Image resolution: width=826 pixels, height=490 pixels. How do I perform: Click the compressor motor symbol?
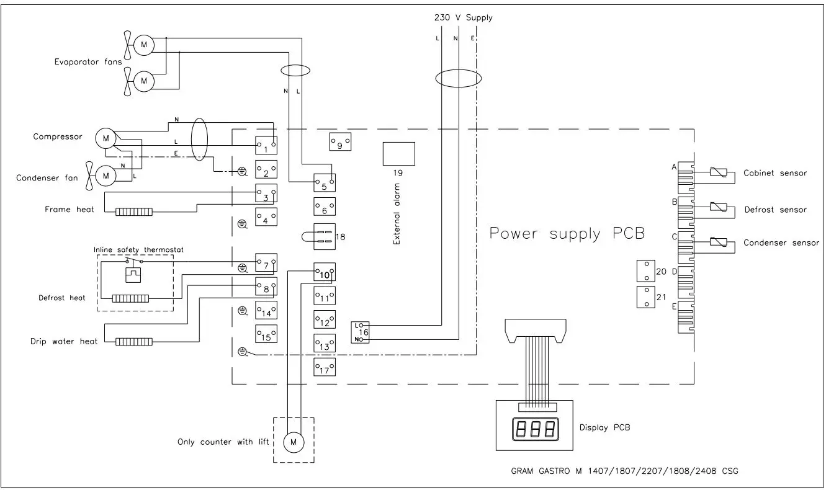[x=105, y=138]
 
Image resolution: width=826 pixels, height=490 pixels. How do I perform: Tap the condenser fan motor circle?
[x=105, y=177]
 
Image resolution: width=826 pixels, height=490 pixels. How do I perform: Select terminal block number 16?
[x=361, y=332]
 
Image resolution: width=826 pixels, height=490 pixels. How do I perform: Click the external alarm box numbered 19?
[x=398, y=153]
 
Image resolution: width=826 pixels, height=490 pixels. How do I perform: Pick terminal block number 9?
[x=339, y=142]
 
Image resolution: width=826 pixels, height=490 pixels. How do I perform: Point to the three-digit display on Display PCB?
[x=533, y=429]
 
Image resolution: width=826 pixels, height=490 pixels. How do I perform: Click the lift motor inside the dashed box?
[x=294, y=442]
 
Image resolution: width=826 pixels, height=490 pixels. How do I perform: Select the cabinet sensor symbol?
[x=718, y=173]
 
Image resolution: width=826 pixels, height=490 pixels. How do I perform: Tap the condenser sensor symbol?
[x=718, y=243]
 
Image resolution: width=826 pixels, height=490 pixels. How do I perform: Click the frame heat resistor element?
[x=133, y=212]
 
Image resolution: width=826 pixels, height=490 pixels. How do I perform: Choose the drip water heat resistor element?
[x=133, y=342]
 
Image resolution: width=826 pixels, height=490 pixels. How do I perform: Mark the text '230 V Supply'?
[x=463, y=17]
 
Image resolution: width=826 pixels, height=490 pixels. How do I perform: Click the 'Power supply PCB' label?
[x=567, y=234]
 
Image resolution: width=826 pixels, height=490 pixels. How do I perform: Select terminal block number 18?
[x=325, y=236]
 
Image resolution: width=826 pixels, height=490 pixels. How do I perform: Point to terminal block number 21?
[x=646, y=297]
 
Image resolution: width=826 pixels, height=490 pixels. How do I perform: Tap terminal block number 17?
[x=325, y=367]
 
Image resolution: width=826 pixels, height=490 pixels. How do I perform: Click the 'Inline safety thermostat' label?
[x=138, y=249]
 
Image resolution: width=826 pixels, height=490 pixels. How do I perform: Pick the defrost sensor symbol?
[x=718, y=208]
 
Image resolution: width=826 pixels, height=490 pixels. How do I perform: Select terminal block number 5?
[x=325, y=181]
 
